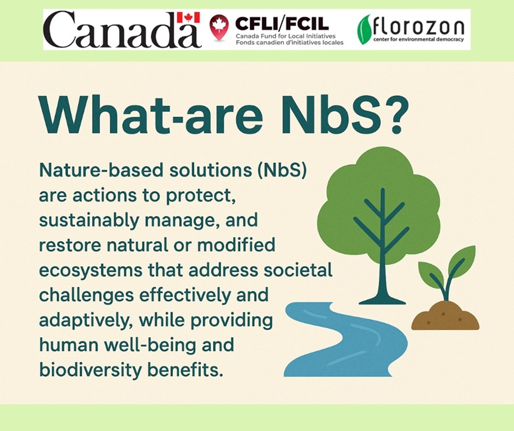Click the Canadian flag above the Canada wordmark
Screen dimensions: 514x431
click(x=188, y=18)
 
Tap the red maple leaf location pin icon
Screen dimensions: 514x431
click(x=219, y=27)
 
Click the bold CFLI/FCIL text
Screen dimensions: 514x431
click(x=282, y=23)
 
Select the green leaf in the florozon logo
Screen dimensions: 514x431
click(x=364, y=29)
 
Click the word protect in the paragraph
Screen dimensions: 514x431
click(x=200, y=196)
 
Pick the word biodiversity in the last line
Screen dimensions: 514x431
click(x=90, y=370)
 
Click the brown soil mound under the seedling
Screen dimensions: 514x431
click(x=445, y=316)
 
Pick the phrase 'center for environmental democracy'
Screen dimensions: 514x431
click(x=418, y=40)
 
